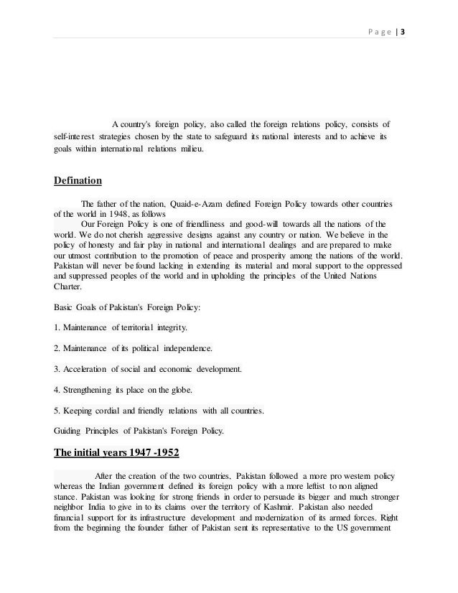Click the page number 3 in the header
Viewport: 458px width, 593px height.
[402, 32]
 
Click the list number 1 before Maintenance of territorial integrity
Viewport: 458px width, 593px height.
[57, 328]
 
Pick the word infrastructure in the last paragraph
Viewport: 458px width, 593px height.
[156, 518]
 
